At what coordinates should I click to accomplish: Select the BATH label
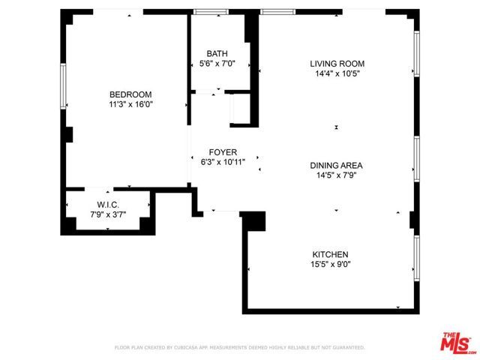(x=217, y=53)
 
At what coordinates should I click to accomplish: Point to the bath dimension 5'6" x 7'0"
(x=217, y=64)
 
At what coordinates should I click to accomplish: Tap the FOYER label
(x=223, y=151)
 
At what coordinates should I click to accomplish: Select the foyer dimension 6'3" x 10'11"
(x=223, y=161)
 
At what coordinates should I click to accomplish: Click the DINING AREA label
(x=337, y=165)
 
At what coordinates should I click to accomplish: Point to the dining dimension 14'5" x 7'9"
(x=337, y=175)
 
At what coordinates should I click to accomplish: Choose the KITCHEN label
(x=330, y=253)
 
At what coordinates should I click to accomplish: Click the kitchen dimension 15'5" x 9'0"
(x=330, y=264)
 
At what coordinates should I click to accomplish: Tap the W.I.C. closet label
(x=108, y=205)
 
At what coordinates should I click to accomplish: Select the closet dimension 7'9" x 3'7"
(x=108, y=215)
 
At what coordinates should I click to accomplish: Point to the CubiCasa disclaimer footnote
(x=239, y=348)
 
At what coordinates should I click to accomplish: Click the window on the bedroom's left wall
(x=64, y=85)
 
